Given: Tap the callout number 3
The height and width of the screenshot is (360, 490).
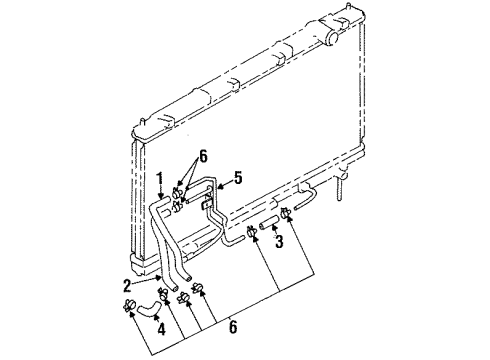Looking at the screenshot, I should point(280,241).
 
